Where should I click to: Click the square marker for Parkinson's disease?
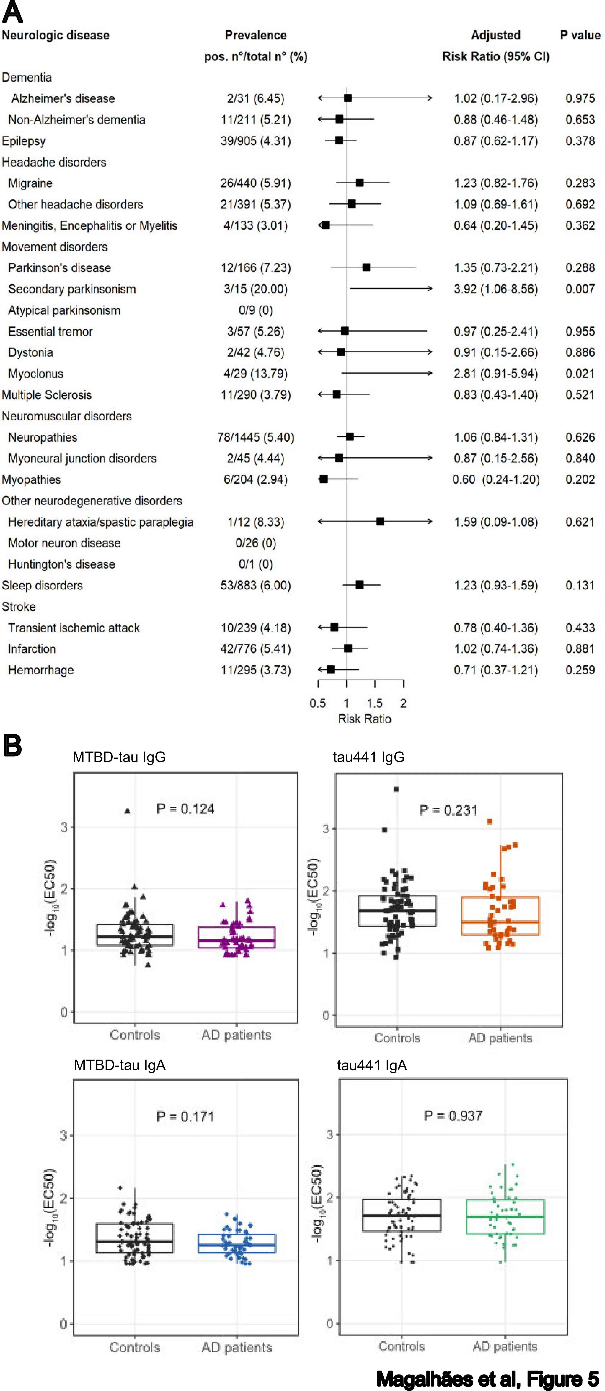(366, 267)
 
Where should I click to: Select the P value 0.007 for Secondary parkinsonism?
(580, 289)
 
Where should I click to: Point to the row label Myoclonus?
(36, 374)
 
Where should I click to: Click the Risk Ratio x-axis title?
(364, 719)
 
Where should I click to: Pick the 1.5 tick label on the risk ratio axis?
(374, 703)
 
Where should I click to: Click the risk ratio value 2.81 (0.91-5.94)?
(495, 374)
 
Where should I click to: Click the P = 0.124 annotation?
(185, 809)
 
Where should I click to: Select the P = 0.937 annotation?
(453, 1116)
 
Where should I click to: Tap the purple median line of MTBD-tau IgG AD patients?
(236, 940)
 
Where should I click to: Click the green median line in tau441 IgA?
(505, 1217)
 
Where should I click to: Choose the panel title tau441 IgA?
(372, 1065)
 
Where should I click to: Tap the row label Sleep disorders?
(42, 585)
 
